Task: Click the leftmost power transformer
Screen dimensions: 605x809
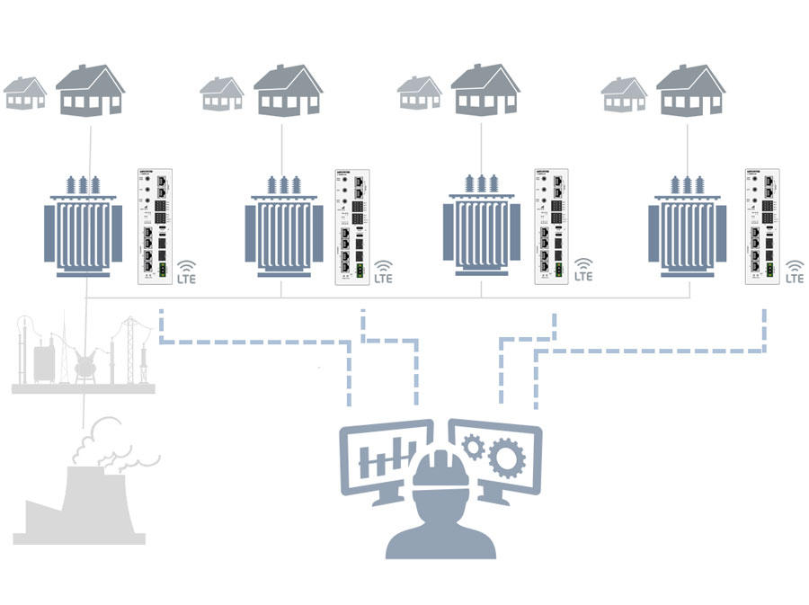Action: click(x=84, y=228)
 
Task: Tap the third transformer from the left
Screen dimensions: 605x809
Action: click(x=481, y=228)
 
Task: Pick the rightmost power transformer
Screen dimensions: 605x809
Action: click(x=687, y=228)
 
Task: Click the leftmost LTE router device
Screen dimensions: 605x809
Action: click(x=154, y=226)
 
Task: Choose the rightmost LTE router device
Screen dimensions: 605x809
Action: click(x=763, y=226)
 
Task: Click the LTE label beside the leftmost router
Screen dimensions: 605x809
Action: click(x=186, y=278)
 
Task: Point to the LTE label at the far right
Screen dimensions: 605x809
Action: click(x=795, y=278)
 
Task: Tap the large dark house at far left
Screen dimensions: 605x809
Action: click(x=90, y=92)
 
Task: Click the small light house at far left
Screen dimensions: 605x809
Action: click(x=25, y=93)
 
